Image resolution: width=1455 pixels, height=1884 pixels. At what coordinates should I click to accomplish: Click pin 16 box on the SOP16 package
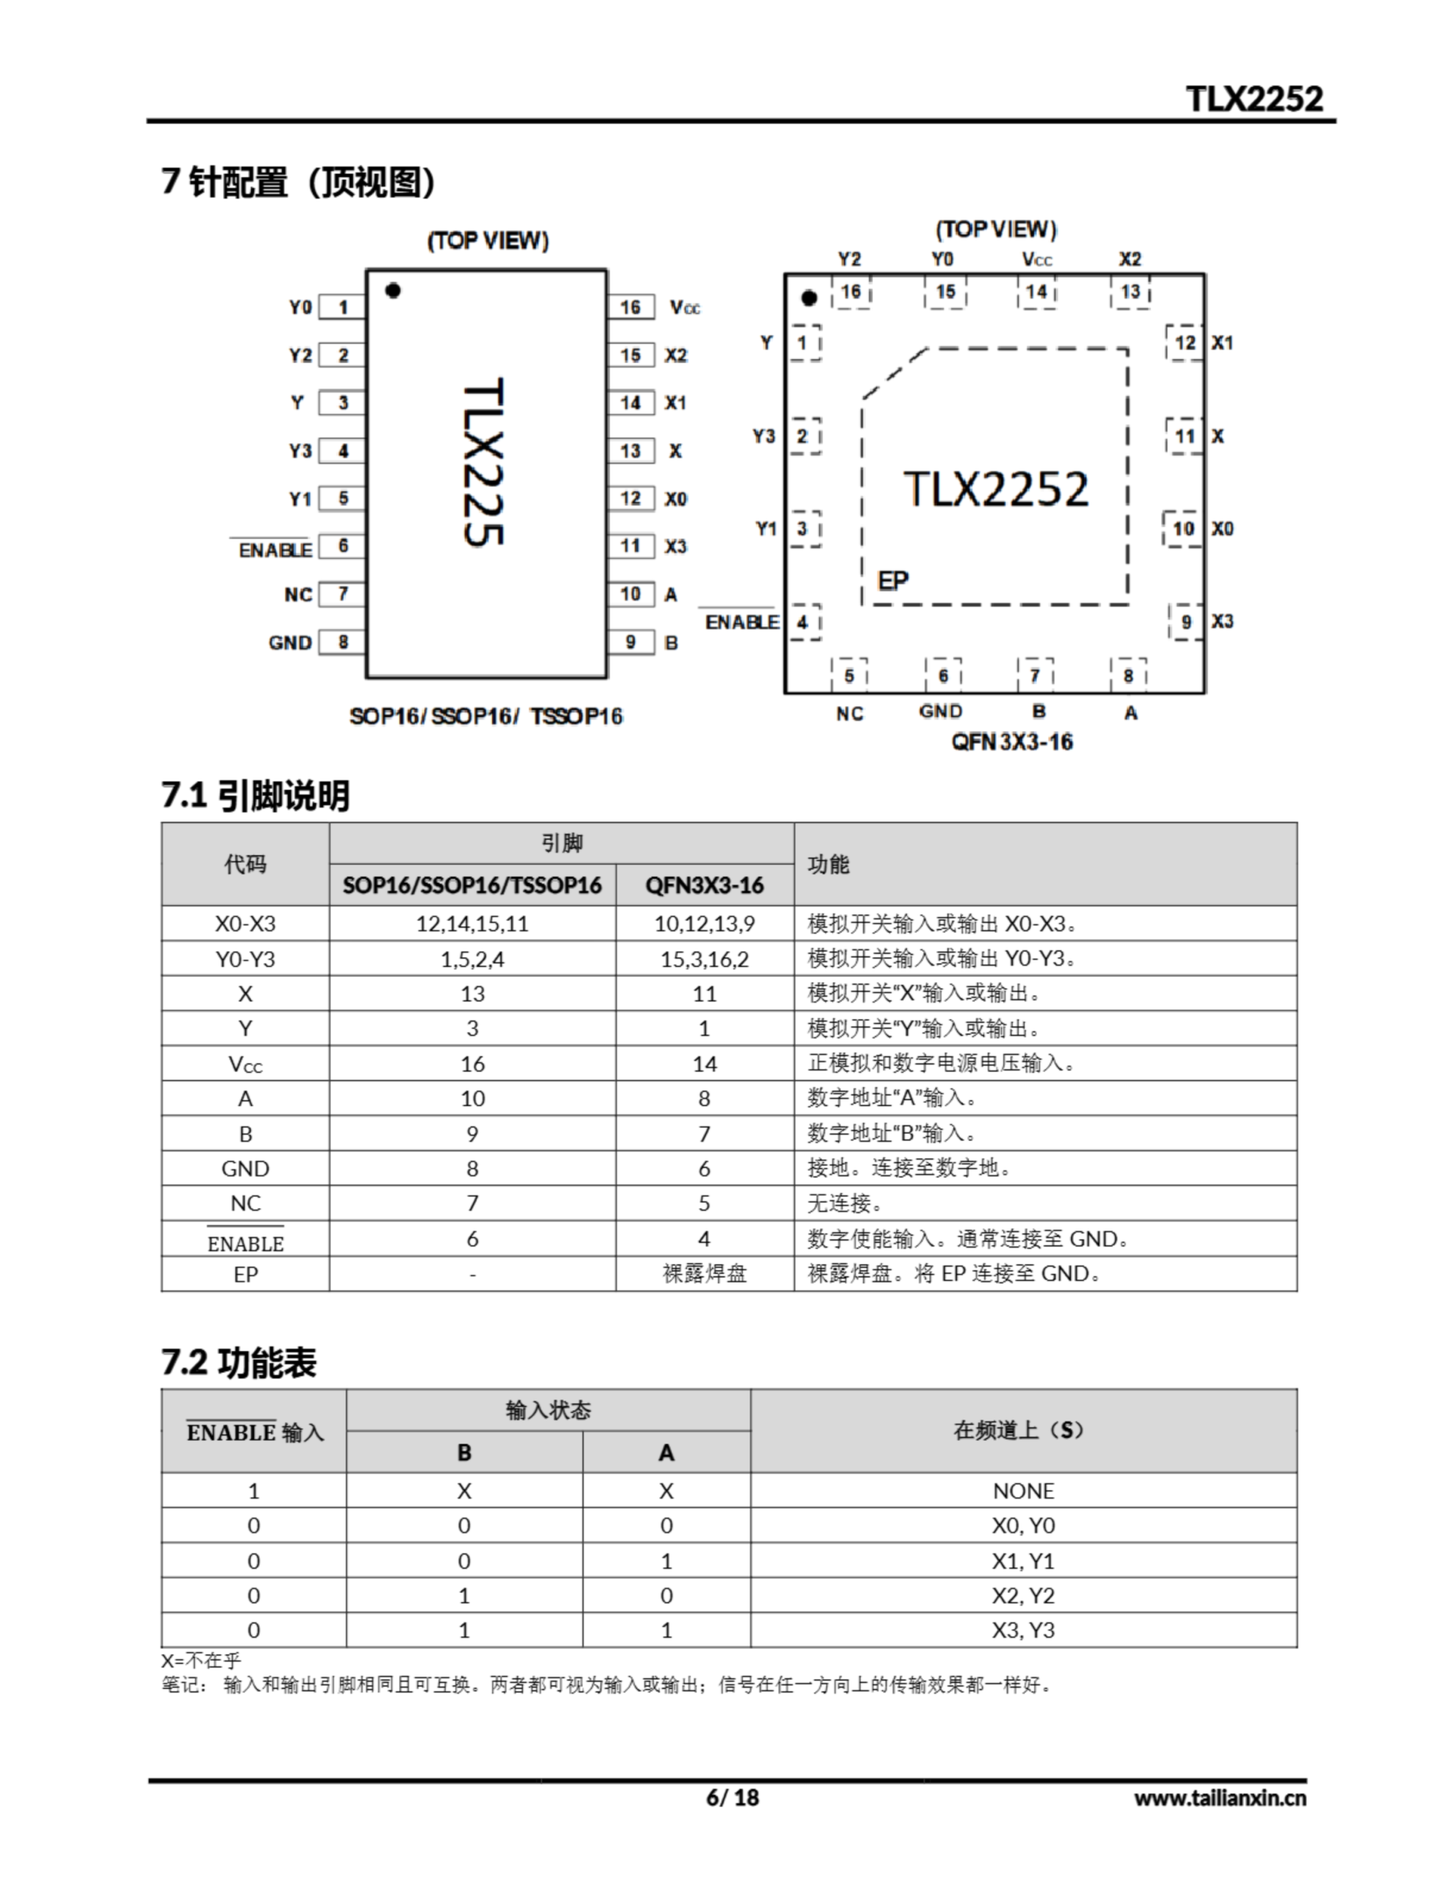pos(630,307)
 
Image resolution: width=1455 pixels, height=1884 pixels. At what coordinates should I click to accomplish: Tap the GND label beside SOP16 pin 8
pos(290,642)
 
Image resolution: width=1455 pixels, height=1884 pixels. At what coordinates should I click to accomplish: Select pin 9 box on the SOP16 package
pos(630,642)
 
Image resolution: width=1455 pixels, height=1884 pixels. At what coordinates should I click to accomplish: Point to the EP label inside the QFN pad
pos(893,581)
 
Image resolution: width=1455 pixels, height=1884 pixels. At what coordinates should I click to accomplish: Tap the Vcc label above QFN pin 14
pos(1036,259)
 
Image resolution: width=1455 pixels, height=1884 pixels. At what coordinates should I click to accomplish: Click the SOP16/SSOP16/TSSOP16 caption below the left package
pos(485,716)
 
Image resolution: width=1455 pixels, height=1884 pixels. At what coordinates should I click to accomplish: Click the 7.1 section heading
pos(255,795)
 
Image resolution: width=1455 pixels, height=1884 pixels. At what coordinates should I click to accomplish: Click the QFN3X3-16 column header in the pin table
pos(704,885)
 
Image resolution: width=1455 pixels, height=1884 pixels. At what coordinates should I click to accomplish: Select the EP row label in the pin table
pos(245,1274)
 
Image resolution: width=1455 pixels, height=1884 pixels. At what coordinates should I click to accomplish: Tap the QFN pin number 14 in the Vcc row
pos(704,1063)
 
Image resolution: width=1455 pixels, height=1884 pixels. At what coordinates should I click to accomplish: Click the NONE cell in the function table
pos(1023,1490)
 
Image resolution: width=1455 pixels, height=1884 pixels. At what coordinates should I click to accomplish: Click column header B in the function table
pos(464,1453)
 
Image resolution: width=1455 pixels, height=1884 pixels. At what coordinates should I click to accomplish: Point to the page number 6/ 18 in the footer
pos(732,1797)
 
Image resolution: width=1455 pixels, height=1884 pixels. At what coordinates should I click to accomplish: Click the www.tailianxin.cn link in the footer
pos(1220,1798)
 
